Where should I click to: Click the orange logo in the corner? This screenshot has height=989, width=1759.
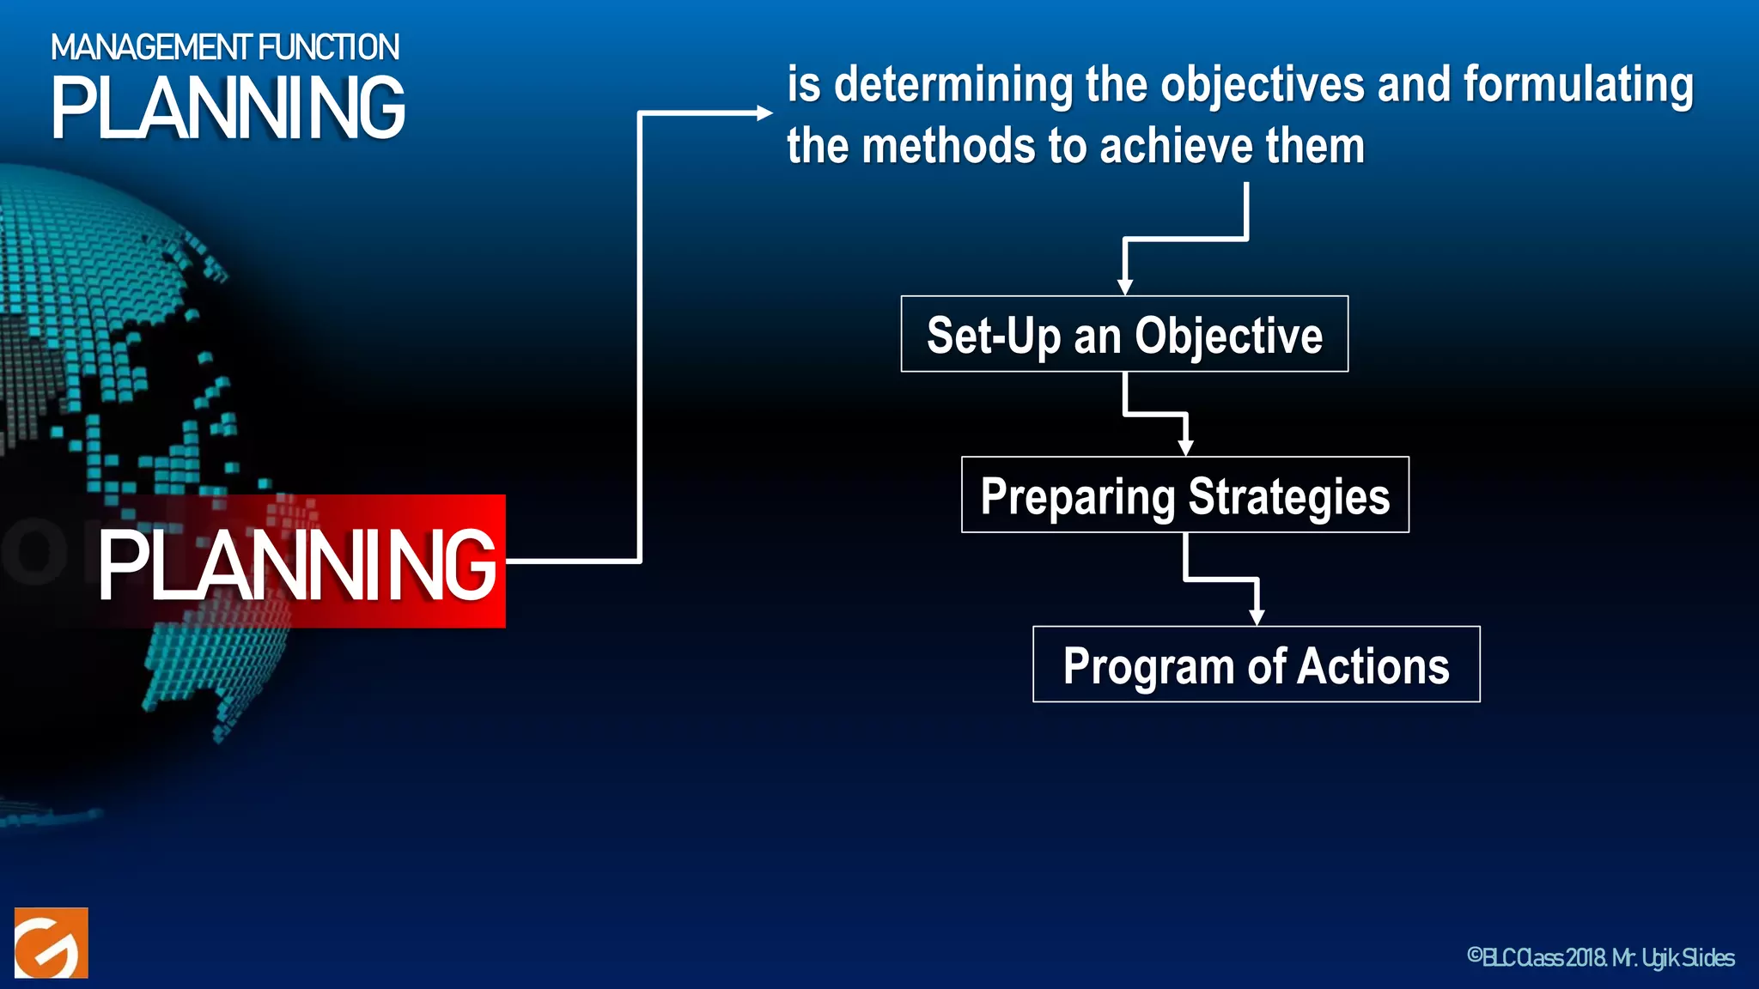pos(52,943)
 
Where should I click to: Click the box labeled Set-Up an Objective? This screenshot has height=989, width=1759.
pos(1124,334)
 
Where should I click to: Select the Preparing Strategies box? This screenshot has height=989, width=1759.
pos(1184,494)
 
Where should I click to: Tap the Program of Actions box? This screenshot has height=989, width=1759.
pos(1256,664)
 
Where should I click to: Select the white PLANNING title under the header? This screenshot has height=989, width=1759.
pos(228,109)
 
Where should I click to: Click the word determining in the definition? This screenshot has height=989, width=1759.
pos(953,85)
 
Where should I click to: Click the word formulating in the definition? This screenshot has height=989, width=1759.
pos(1578,85)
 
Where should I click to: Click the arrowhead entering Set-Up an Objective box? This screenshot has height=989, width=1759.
pos(1124,287)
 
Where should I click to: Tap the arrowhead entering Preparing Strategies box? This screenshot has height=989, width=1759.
pos(1185,447)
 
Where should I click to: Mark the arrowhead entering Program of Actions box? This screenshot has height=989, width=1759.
pos(1257,616)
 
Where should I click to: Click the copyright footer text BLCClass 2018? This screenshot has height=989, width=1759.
pos(1537,957)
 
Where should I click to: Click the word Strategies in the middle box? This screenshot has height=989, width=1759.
pos(1288,496)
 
